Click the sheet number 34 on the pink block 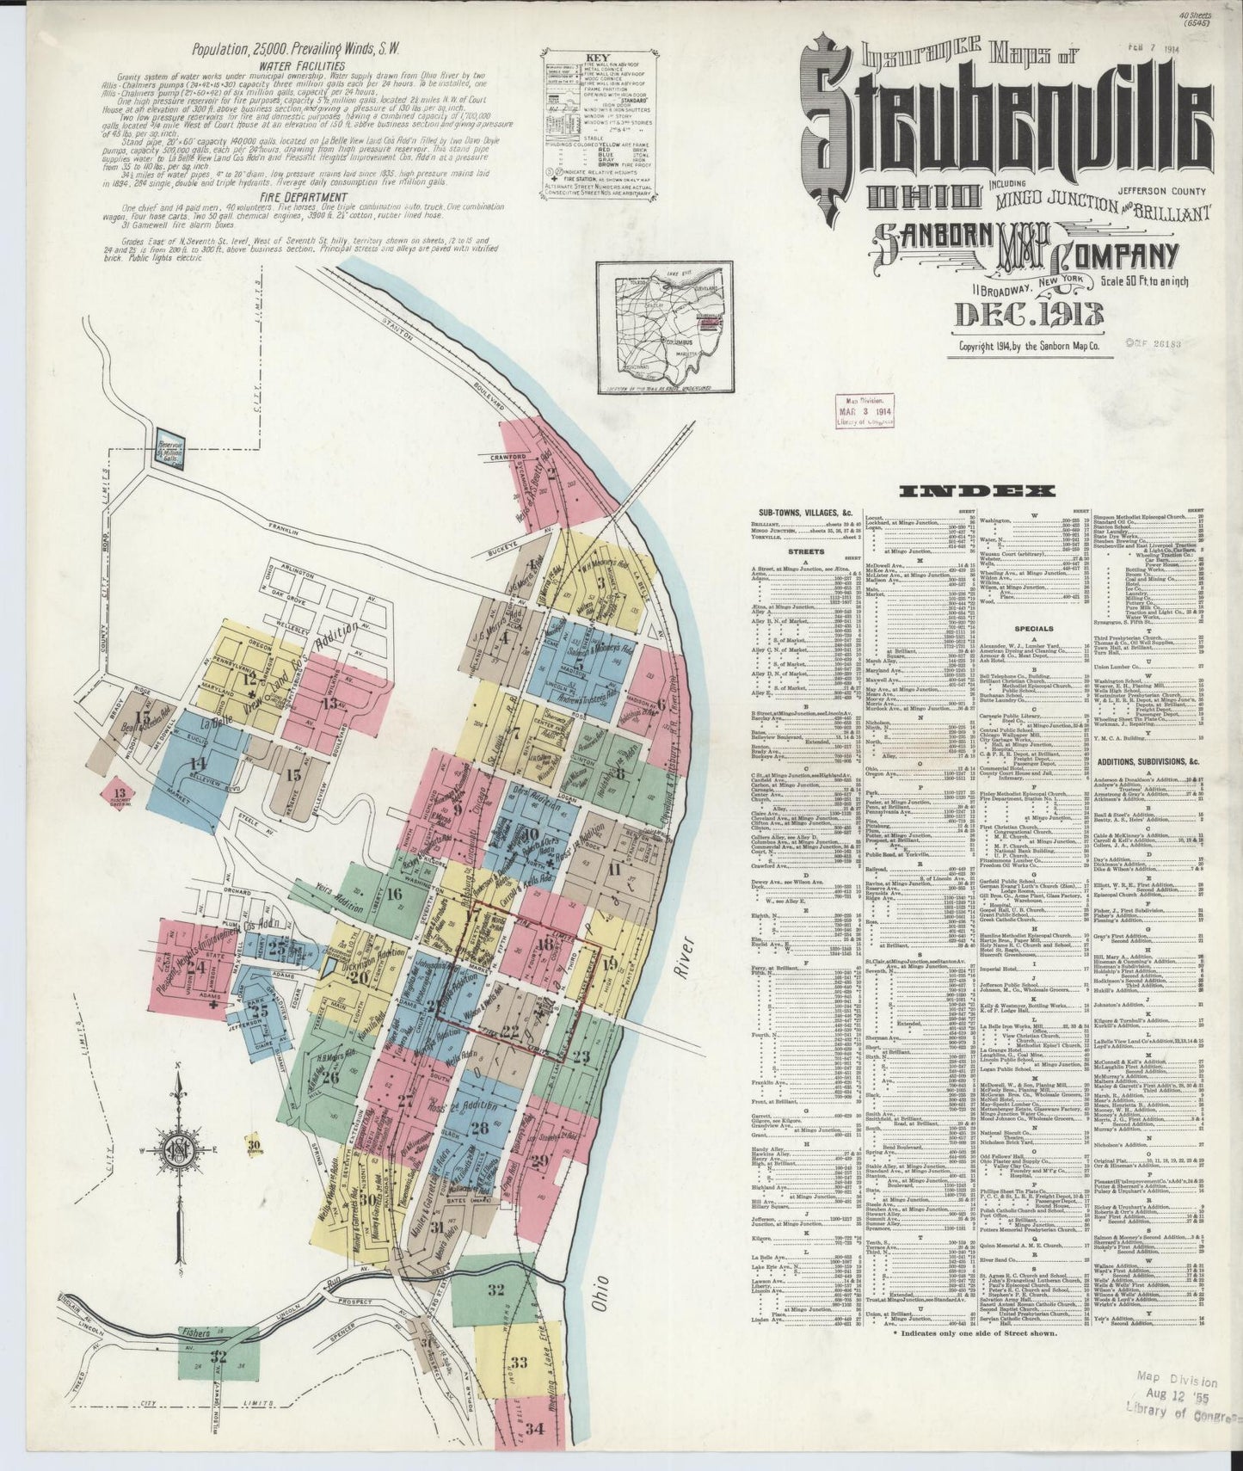click(536, 1429)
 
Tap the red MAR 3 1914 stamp click(861, 409)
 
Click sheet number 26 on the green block click(331, 1074)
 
